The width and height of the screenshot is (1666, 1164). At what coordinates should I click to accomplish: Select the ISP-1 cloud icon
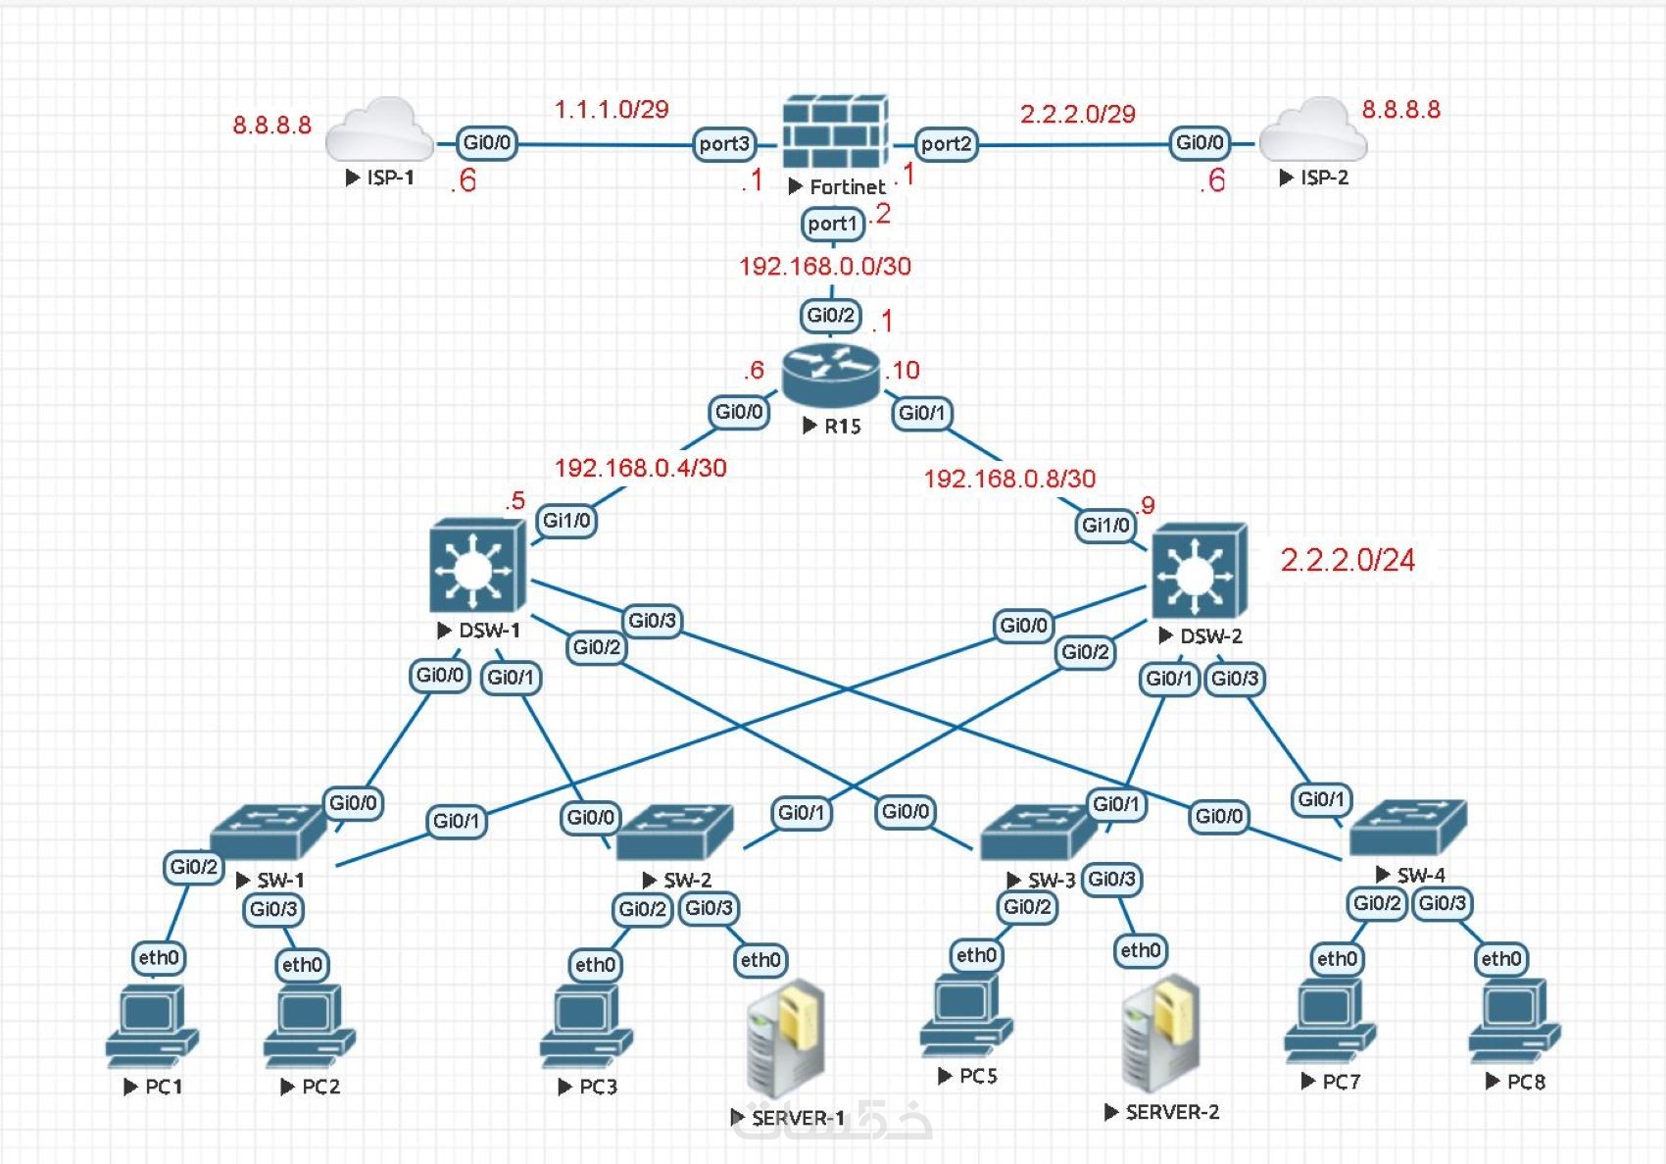(379, 130)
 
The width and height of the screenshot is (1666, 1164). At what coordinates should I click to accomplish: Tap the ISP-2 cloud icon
(1312, 130)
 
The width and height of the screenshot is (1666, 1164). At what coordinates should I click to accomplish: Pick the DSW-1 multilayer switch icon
(477, 567)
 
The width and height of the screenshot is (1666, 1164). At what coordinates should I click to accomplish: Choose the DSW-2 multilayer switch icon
(1200, 570)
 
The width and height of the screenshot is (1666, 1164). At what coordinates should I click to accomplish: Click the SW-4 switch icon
(1408, 828)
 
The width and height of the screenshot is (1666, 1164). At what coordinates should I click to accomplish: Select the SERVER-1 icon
(785, 1039)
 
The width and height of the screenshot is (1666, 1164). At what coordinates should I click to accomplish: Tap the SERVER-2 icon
(1161, 1034)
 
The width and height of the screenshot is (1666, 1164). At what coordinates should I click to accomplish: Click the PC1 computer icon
(151, 1027)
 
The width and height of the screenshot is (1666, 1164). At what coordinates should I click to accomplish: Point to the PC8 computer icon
(1514, 1022)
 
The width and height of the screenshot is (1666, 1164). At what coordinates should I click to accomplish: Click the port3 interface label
(724, 143)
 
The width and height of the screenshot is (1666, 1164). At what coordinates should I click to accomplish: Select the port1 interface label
(832, 224)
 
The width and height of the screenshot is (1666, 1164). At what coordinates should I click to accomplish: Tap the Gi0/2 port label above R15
(831, 315)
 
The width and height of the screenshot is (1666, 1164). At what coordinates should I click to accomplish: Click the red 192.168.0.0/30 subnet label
(825, 266)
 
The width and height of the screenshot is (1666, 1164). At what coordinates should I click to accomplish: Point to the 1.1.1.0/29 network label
(612, 109)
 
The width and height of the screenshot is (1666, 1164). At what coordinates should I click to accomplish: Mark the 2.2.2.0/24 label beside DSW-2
(1347, 560)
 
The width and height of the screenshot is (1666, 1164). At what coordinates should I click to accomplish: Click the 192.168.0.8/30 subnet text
(1009, 479)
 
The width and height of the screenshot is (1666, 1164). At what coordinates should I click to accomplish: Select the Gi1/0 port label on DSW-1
(566, 521)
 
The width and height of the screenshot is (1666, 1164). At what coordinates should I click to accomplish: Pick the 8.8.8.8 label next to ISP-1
(271, 126)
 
